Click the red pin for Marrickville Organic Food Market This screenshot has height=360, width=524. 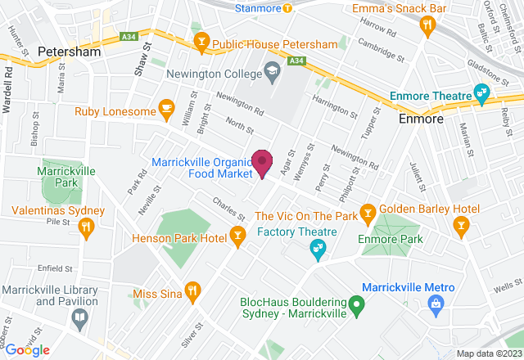[262, 162]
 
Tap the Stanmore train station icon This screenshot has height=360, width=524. [287, 8]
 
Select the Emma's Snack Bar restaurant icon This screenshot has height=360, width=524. [426, 26]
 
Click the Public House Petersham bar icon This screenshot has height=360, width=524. [200, 43]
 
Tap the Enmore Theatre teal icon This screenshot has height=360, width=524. [482, 94]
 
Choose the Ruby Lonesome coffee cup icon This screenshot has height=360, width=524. [166, 107]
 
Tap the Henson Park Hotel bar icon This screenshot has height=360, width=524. [237, 238]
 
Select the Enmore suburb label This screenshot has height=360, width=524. [421, 119]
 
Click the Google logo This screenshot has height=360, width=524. [26, 350]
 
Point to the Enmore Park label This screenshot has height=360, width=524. [390, 240]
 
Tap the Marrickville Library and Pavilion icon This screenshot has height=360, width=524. [79, 320]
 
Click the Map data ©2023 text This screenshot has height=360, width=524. [488, 353]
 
